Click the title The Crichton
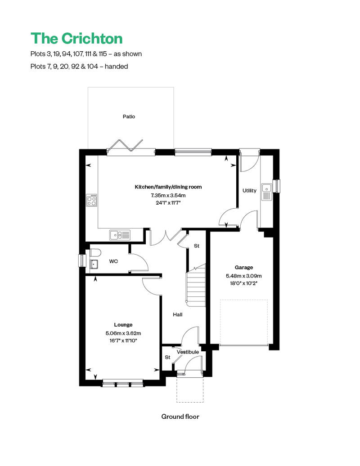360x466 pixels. click(x=76, y=38)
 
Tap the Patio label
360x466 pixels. click(x=129, y=116)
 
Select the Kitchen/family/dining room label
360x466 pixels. click(x=168, y=187)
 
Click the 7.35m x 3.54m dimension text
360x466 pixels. click(x=168, y=195)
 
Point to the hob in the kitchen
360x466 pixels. click(x=92, y=200)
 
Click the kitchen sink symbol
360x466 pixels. click(x=120, y=234)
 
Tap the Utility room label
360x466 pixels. click(x=249, y=191)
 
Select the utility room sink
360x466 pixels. click(x=266, y=191)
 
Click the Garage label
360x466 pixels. click(x=243, y=267)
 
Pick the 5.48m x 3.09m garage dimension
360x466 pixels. click(x=243, y=276)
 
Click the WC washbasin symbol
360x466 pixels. click(x=94, y=264)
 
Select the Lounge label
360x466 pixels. click(x=123, y=324)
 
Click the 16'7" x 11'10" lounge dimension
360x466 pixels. click(x=123, y=341)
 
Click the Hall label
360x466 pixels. click(x=178, y=314)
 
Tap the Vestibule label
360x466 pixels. click(x=188, y=352)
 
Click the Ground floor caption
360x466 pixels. click(x=180, y=417)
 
